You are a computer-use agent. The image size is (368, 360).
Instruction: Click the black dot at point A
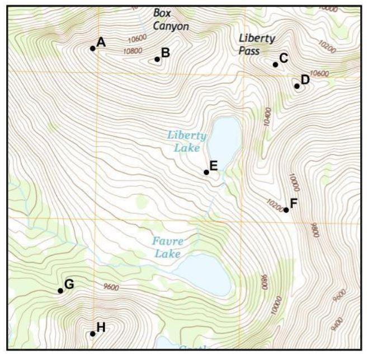93,48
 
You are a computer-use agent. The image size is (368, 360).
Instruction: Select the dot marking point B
157,59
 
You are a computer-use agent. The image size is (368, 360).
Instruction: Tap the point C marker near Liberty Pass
275,64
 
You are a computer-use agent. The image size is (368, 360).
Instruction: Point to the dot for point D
297,86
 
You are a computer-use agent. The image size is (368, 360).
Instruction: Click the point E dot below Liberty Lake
206,172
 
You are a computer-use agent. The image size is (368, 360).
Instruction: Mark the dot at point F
286,210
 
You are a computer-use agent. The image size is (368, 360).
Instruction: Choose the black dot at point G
60,291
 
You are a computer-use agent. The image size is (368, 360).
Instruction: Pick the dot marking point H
93,334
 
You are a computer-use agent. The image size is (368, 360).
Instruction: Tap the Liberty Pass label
257,44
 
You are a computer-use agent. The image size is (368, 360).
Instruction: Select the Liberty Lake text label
187,142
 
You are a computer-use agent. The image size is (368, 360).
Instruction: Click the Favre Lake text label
168,247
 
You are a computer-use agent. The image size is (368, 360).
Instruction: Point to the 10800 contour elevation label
132,50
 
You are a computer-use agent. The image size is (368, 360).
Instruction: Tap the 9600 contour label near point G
111,287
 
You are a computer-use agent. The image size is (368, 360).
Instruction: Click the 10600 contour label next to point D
319,73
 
